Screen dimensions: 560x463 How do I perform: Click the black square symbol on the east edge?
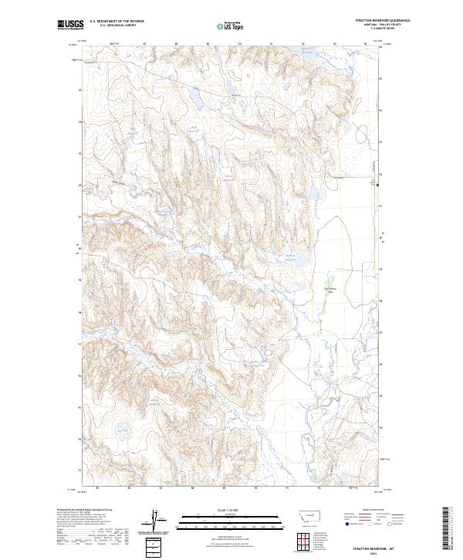tap(378, 183)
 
